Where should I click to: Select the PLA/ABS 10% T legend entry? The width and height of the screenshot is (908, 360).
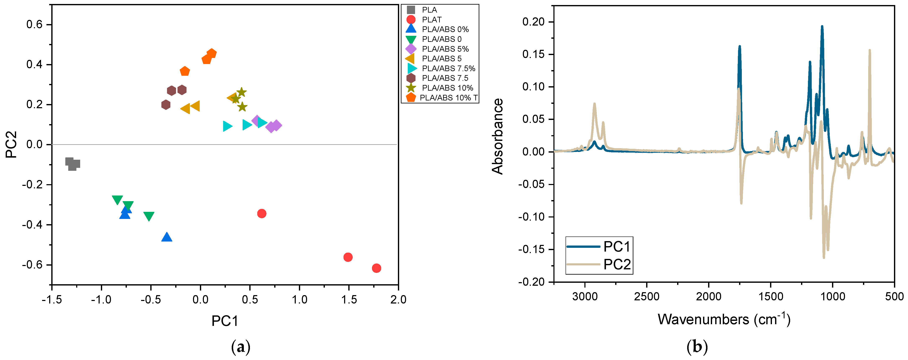[x=448, y=98]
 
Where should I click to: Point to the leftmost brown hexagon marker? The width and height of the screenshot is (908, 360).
[x=166, y=105]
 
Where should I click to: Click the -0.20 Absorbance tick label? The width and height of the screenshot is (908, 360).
[x=531, y=282]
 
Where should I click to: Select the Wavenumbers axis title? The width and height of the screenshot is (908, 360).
[x=724, y=319]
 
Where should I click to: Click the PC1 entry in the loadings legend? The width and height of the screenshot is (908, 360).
[x=616, y=247]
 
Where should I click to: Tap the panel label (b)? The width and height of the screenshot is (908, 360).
[x=697, y=347]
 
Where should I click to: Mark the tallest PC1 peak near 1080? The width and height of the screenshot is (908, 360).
[x=822, y=26]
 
